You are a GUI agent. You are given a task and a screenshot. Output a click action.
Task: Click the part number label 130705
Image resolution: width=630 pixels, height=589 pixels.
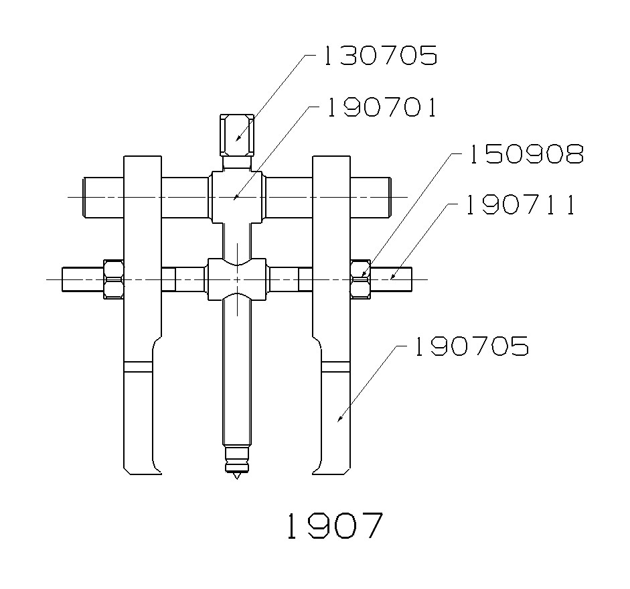[380, 56]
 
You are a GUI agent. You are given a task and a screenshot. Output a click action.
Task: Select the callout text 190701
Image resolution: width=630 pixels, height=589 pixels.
[382, 107]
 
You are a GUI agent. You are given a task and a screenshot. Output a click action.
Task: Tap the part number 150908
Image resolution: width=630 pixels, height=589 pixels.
[524, 155]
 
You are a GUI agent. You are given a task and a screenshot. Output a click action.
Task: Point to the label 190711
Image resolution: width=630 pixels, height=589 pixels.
[520, 206]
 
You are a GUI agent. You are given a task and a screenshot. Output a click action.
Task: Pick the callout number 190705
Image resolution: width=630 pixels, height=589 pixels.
[471, 347]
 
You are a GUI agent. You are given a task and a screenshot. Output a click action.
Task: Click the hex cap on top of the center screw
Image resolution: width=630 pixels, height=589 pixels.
[237, 133]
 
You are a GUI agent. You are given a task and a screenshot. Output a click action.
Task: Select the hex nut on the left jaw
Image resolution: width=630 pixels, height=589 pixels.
[112, 279]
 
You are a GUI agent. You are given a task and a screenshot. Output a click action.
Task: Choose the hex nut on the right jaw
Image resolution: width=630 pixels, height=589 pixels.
[360, 279]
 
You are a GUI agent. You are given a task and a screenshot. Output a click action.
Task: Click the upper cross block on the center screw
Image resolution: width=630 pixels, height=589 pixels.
[237, 197]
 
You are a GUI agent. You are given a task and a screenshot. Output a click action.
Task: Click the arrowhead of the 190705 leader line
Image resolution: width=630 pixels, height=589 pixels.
[339, 419]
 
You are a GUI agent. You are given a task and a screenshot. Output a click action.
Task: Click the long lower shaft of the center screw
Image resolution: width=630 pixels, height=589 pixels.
[237, 375]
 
